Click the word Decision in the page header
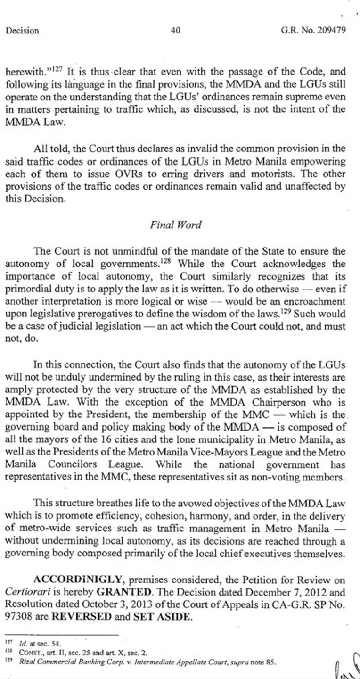(22, 31)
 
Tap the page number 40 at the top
(175, 30)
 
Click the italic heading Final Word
(175, 225)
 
